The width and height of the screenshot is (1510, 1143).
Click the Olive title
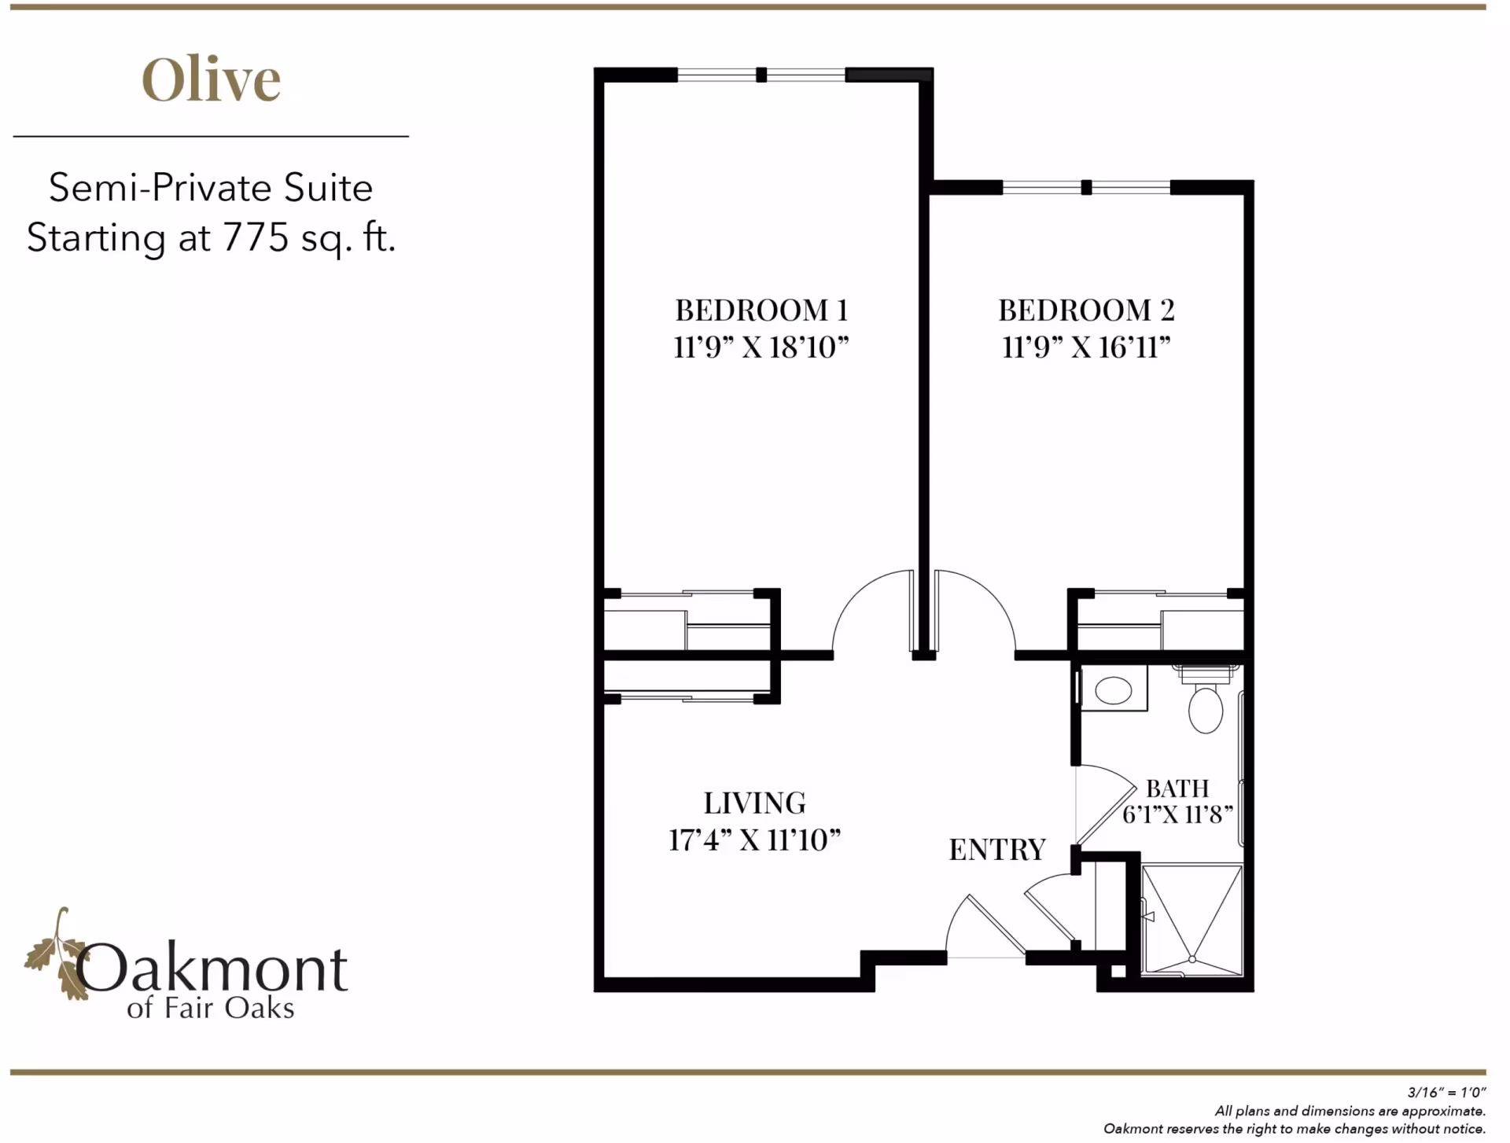pos(211,80)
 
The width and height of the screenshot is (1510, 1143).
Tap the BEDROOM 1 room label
pos(761,311)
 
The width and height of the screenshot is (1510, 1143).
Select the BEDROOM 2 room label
pos(1086,311)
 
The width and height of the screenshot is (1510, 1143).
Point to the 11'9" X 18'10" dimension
pos(761,347)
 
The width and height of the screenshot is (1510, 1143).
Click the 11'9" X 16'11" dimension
pos(1086,347)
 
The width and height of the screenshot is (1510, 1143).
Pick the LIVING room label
pos(754,803)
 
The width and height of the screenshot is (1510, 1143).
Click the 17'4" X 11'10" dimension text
pos(754,840)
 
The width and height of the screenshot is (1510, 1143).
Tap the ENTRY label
pos(997,850)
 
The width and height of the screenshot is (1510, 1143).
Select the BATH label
pos(1177,788)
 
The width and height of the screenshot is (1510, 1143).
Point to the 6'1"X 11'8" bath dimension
pos(1177,814)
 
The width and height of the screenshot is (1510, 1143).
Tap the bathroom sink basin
pos(1113,691)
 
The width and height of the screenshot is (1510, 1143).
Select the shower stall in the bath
pos(1191,920)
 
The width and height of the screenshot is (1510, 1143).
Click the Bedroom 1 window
pos(761,75)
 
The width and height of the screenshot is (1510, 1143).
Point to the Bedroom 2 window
pos(1086,188)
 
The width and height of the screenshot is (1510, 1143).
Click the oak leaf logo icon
pos(57,955)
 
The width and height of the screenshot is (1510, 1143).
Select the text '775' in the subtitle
pos(256,237)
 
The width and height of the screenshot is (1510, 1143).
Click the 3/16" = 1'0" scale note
pos(1446,1092)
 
